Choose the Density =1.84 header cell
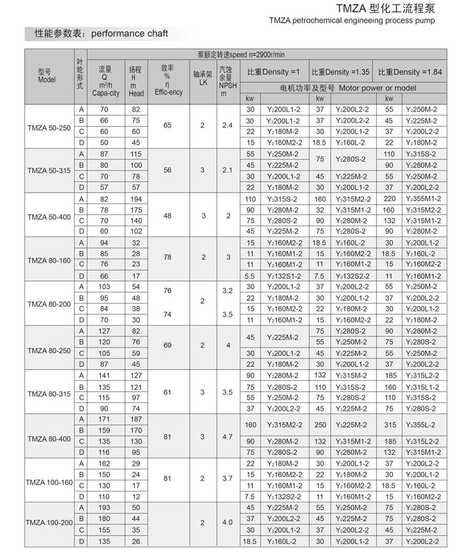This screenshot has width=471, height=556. (x=410, y=72)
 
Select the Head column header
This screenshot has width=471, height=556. (x=136, y=81)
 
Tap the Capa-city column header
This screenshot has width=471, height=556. (x=106, y=81)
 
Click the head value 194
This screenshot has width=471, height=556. (x=136, y=199)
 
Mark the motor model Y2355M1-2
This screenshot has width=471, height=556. (x=423, y=199)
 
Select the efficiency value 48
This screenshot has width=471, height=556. (x=167, y=215)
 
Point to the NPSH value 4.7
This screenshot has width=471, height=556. (x=227, y=437)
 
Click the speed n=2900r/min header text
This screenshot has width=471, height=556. (x=241, y=54)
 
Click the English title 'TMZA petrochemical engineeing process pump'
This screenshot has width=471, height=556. (x=352, y=21)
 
